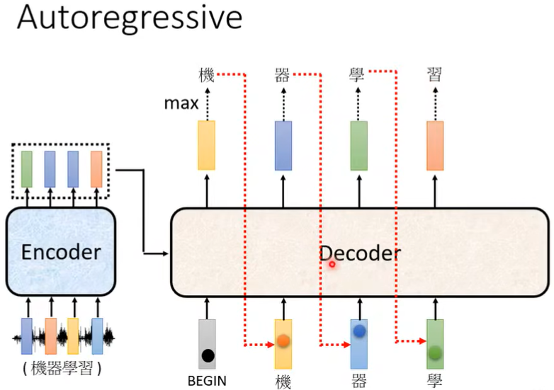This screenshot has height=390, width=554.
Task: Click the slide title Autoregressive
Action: point(130,18)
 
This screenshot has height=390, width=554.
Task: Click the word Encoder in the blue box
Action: point(61,253)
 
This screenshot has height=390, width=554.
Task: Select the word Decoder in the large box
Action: point(360,253)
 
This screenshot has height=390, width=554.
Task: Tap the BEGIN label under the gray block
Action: point(207,381)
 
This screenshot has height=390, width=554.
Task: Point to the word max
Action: point(181,103)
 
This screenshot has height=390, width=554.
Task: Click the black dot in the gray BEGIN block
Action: point(208,355)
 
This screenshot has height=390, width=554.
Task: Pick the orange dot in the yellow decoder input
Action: point(283,340)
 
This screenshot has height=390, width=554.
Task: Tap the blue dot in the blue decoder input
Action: point(359,331)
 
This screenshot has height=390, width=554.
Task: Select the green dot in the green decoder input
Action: point(435,352)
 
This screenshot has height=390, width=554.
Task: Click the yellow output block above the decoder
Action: point(206,145)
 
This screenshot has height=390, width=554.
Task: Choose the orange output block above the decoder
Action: point(435,146)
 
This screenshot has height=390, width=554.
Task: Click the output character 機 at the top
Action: point(207,76)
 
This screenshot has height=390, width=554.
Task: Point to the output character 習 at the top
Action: point(434,74)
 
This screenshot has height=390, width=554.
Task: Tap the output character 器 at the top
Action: point(282,75)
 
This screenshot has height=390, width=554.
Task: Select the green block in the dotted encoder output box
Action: point(27,169)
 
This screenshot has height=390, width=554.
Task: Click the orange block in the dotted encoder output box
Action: point(96,169)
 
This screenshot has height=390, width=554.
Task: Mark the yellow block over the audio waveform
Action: point(73,336)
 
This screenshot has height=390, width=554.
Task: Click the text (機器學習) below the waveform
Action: point(62,369)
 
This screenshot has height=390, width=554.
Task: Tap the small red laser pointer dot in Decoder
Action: point(332,264)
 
